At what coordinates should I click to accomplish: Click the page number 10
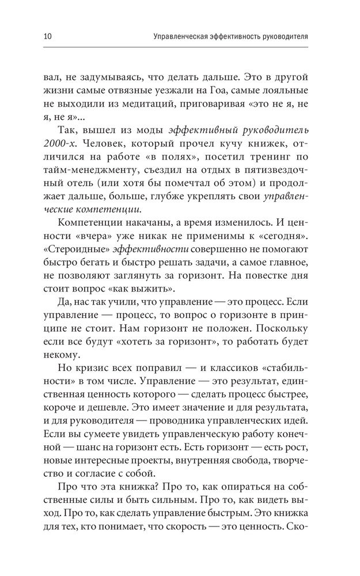[x=47, y=36]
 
